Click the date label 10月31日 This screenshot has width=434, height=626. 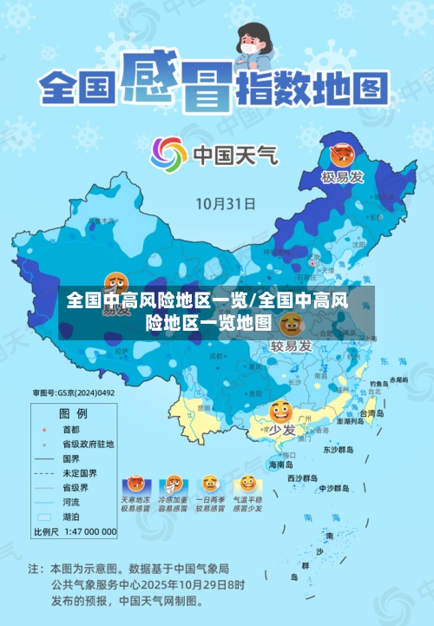pos(225,205)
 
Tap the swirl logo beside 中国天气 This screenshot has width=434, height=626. pos(168,155)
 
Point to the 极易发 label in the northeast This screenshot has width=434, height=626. pos(341,178)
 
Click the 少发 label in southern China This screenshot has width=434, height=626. pos(280,429)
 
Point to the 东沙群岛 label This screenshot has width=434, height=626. pos(339,450)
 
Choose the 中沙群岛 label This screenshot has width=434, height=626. pos(334,487)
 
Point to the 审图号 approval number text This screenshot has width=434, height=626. pos(74,392)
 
